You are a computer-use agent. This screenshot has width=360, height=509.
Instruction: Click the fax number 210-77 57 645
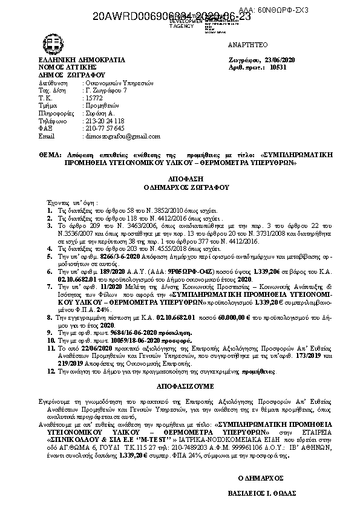point(105,128)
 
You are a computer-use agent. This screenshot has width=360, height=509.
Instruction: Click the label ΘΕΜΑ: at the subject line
point(49,155)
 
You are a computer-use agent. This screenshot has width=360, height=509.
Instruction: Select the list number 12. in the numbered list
point(50,372)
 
